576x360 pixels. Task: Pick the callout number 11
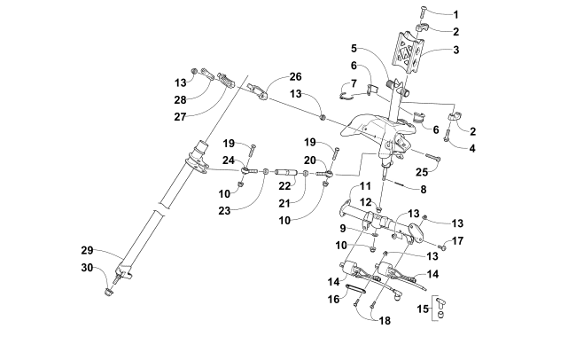click(x=364, y=186)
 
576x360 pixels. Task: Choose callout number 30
click(x=113, y=267)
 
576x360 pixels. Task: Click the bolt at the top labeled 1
click(x=423, y=13)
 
